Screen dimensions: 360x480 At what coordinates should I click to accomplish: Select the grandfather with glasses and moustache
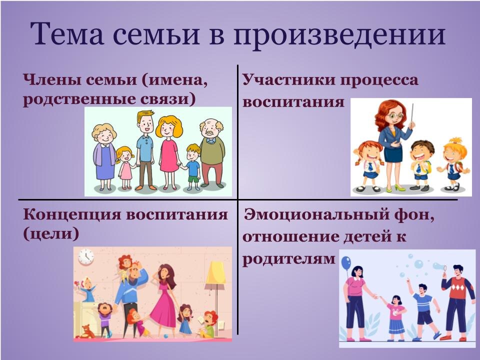click(211, 150)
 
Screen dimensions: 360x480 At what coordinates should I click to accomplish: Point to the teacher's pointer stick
click(412, 117)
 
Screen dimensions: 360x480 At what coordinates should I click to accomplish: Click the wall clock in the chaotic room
click(85, 255)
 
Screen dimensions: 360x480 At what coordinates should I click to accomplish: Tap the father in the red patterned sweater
click(456, 300)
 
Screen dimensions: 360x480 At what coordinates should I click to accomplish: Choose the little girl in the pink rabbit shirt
click(396, 315)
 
